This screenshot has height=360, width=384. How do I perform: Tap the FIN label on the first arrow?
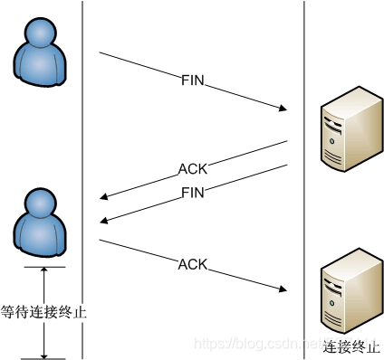[194, 81]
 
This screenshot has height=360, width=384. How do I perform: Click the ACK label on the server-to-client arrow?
[192, 169]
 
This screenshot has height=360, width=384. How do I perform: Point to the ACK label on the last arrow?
[193, 264]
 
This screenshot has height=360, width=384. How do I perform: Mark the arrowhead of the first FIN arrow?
[282, 109]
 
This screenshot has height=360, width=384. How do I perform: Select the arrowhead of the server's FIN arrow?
[105, 220]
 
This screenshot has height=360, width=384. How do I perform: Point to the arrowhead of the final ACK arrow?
[282, 289]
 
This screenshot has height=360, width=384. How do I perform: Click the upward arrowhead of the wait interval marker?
[43, 272]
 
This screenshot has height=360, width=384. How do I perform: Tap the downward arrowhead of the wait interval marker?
[43, 353]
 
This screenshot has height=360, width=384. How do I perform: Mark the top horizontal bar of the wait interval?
[43, 267]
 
